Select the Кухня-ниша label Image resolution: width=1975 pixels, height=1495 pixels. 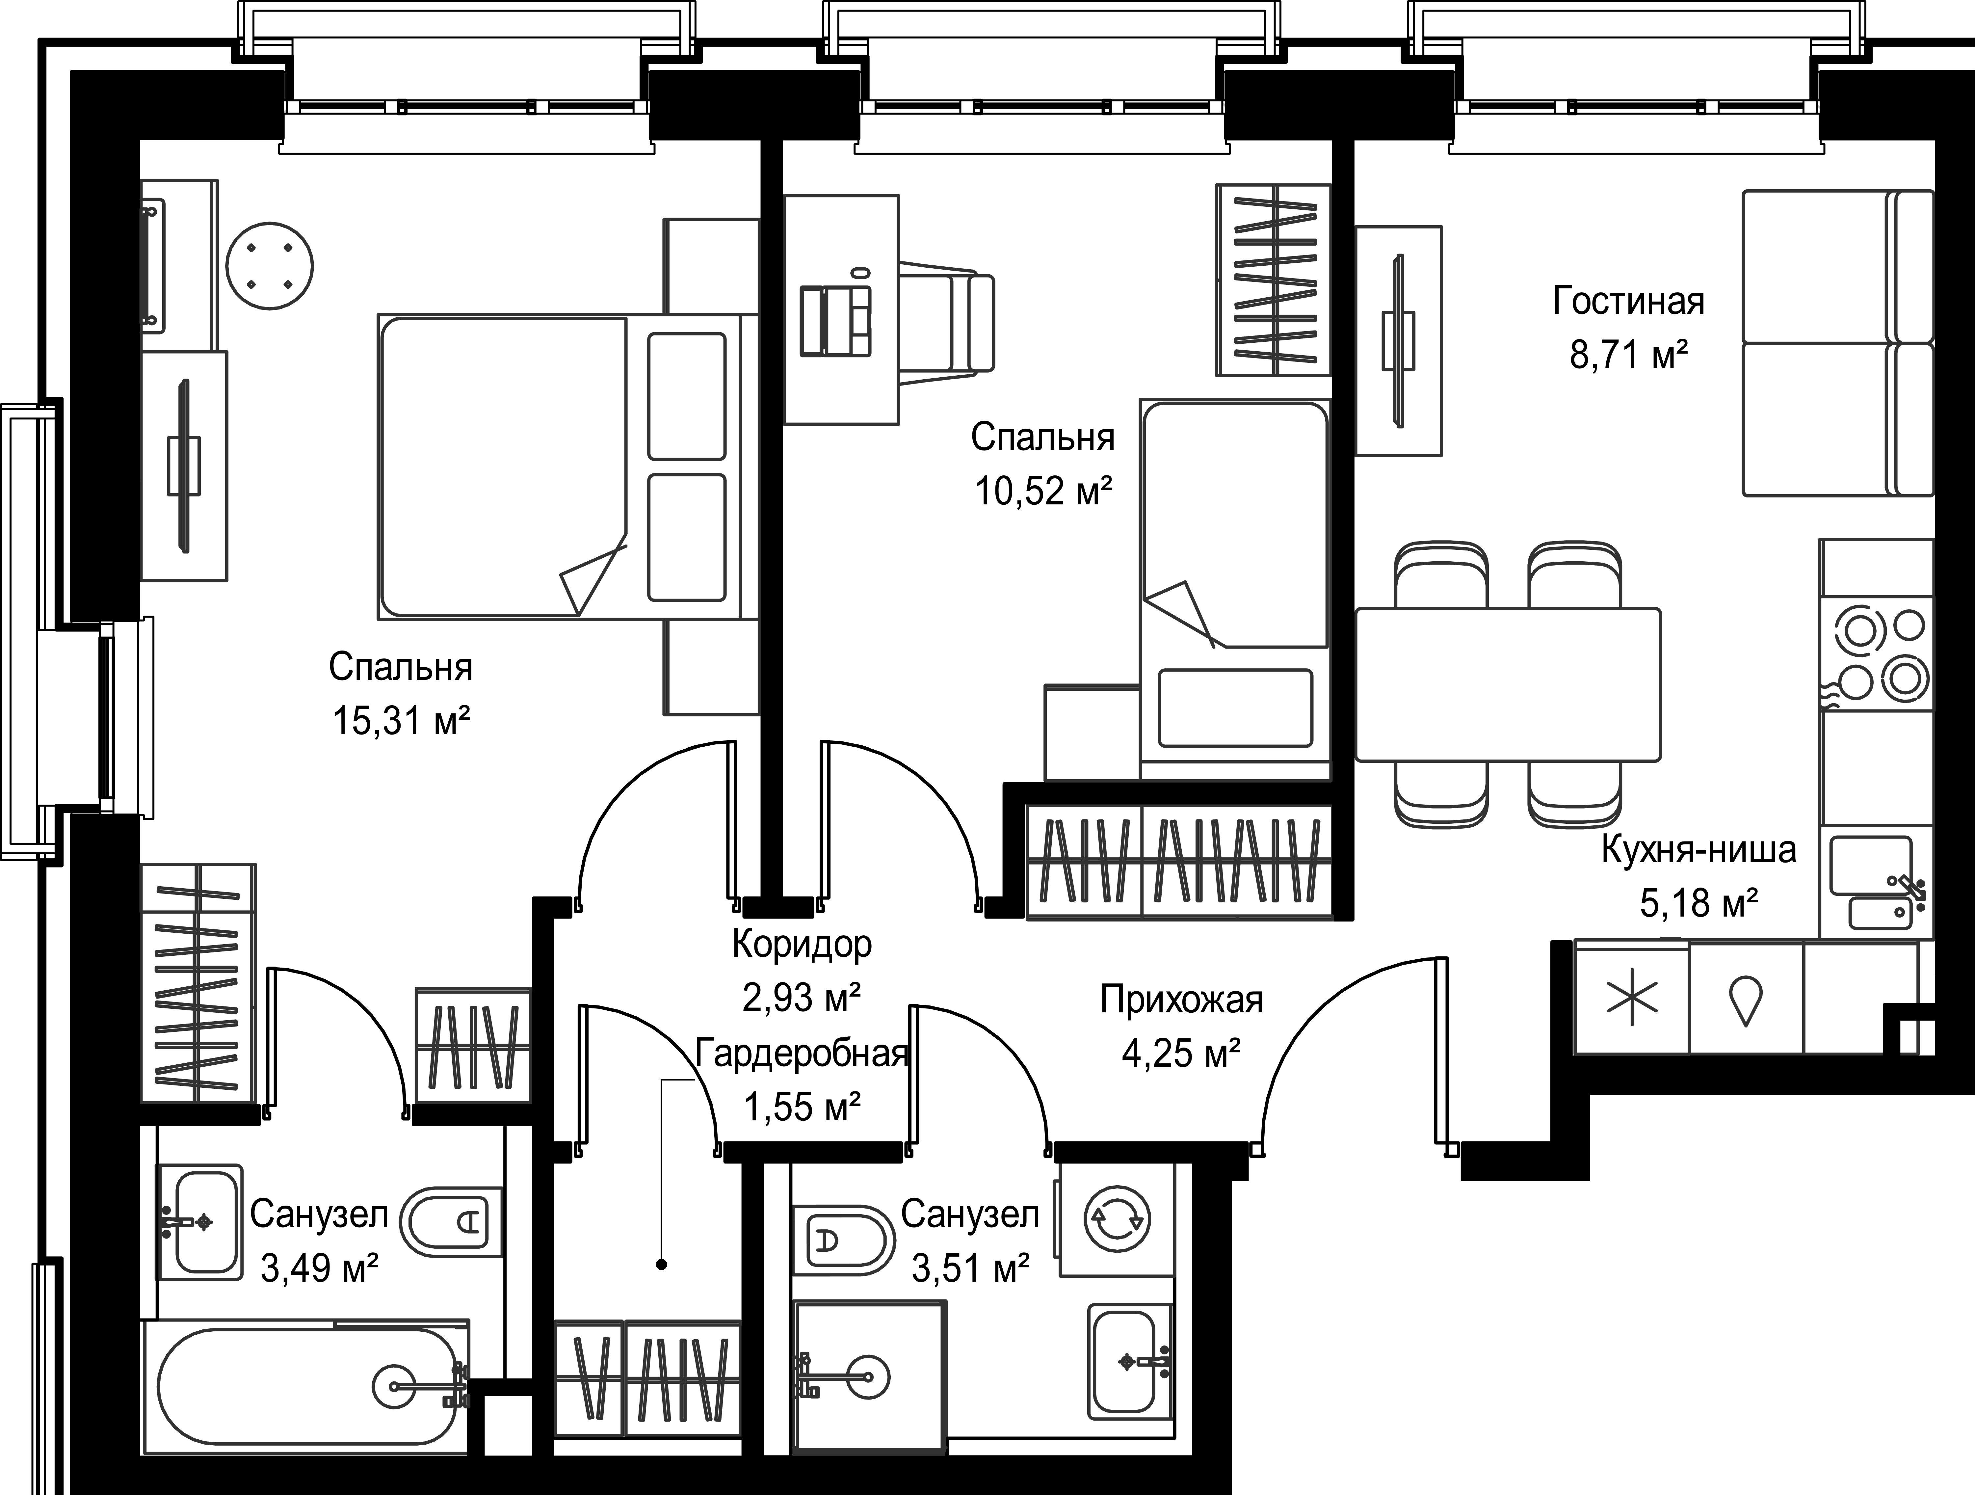click(x=1698, y=849)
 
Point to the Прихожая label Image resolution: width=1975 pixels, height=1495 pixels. click(x=1181, y=999)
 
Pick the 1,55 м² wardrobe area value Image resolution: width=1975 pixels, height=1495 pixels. click(x=802, y=1108)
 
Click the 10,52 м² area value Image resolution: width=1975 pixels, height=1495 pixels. click(x=1043, y=490)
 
